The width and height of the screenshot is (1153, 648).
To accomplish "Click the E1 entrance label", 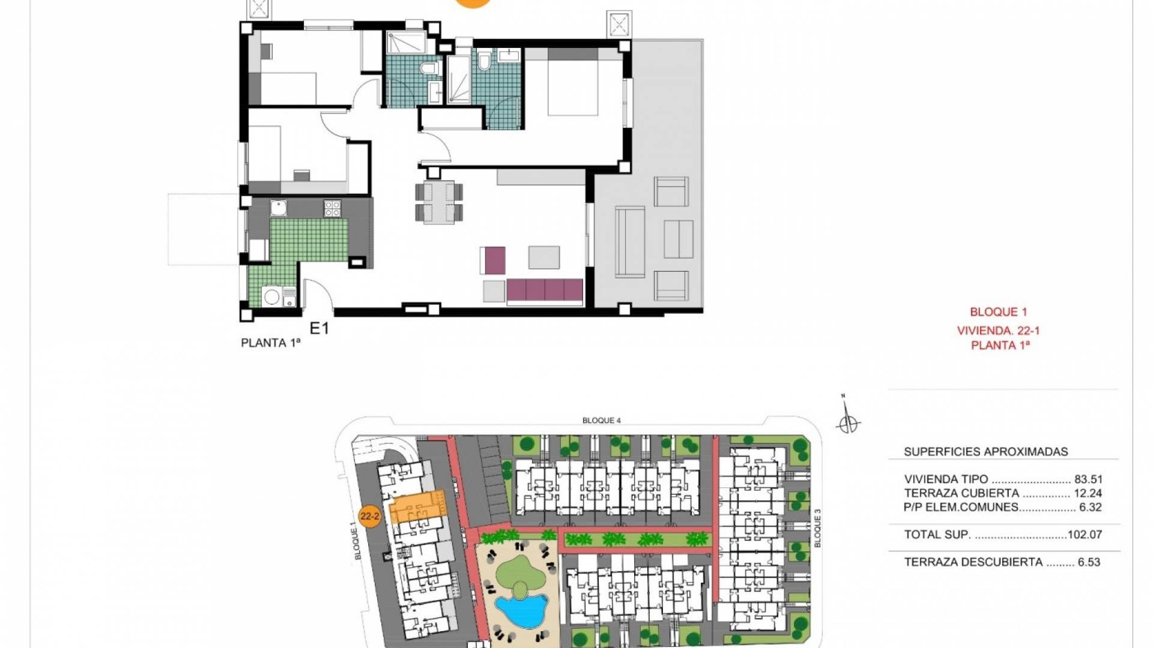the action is (319, 328).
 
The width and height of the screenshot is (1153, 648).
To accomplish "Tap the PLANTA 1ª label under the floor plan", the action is (271, 343).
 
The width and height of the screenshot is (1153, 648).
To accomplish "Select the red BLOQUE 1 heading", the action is (999, 312).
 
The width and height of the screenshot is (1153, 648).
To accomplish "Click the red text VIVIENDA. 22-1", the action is (999, 331).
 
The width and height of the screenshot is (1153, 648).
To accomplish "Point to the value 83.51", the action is (1089, 479).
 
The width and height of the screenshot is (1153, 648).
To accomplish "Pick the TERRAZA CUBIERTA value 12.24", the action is (1089, 493).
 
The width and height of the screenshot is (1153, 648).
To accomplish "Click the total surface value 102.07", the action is (1085, 535).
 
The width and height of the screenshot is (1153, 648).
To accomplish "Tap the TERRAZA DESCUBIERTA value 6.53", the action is (1089, 562).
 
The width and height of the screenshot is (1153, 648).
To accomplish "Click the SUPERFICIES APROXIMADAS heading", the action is (986, 452).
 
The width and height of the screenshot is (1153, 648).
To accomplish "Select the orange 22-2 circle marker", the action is (370, 516).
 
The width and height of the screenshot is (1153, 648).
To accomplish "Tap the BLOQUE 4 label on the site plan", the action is (602, 421).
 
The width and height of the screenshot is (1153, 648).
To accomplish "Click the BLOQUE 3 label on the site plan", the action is (817, 528).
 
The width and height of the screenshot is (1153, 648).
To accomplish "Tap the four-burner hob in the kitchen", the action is (333, 208).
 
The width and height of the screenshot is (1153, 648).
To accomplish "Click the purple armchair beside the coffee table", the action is (493, 261).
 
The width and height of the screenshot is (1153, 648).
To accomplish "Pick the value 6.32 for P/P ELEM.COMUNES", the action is (1091, 507).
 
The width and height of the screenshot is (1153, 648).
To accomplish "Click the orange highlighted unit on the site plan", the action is (418, 508).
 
